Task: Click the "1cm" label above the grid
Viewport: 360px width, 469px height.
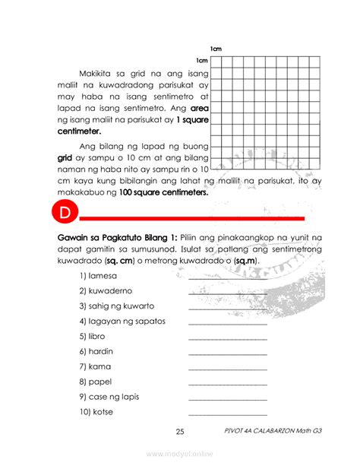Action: pyautogui.click(x=216, y=49)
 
